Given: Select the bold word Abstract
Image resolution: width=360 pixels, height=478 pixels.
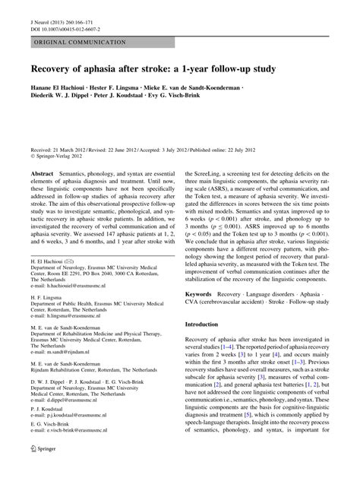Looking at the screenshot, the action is click(x=43, y=174).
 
